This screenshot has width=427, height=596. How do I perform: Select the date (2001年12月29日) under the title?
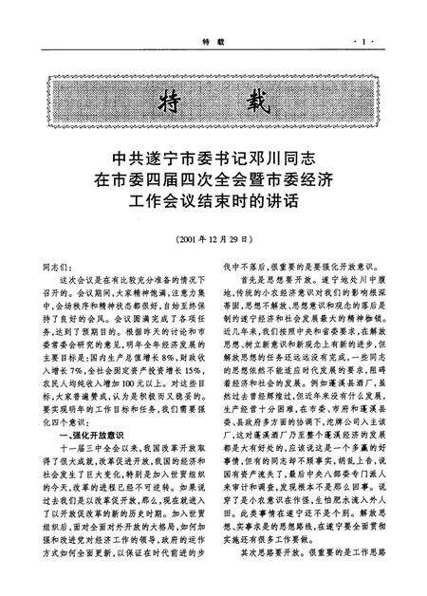213,242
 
